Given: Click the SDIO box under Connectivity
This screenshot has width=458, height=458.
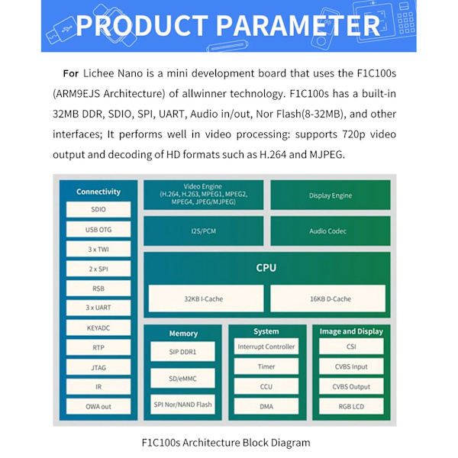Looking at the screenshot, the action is [98, 209].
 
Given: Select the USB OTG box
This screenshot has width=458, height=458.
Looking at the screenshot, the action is [98, 229].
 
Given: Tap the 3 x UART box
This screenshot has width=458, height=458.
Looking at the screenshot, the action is [98, 308].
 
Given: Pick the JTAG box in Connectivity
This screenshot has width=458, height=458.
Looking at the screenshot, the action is [98, 367].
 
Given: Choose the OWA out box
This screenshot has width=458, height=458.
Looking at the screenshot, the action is [98, 406].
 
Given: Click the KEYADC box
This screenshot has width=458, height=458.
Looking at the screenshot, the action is [98, 327].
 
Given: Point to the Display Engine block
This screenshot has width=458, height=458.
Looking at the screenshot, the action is [331, 195].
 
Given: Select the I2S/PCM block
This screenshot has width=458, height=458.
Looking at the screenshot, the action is [204, 231].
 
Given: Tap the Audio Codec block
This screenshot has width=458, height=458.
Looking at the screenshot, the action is [331, 231].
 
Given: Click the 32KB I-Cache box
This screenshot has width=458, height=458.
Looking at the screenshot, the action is [206, 298].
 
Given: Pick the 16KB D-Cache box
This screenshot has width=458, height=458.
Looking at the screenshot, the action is [327, 298].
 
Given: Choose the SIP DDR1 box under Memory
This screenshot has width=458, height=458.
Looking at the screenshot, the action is [182, 352].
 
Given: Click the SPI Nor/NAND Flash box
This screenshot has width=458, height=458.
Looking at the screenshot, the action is [182, 405].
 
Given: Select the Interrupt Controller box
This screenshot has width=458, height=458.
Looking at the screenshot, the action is [266, 347].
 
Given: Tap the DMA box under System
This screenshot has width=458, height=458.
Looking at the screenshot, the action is [266, 406].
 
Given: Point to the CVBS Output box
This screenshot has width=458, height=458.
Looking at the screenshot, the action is [351, 386].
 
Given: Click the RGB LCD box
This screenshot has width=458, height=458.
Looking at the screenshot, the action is [351, 406].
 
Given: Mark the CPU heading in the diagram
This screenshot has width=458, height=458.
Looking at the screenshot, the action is [266, 268].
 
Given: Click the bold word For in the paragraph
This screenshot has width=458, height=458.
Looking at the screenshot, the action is [71, 73].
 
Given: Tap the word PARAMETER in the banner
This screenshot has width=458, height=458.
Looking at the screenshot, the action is [298, 25].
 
